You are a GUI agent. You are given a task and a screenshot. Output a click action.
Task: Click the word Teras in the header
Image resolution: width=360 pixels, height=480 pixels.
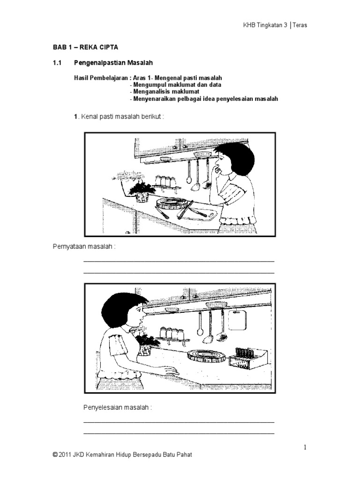[299, 25]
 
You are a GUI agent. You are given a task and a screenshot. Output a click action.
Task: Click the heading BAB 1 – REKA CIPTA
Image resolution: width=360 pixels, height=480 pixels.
[85, 47]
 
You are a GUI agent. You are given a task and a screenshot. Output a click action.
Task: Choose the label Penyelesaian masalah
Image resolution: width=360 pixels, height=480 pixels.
[118, 407]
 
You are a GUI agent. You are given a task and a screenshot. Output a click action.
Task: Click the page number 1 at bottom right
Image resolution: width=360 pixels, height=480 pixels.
[305, 448]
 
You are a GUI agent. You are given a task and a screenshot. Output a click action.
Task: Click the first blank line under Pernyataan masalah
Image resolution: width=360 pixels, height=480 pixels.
[179, 261]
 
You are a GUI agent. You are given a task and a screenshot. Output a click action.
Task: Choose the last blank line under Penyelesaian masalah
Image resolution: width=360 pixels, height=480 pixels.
[179, 433]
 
